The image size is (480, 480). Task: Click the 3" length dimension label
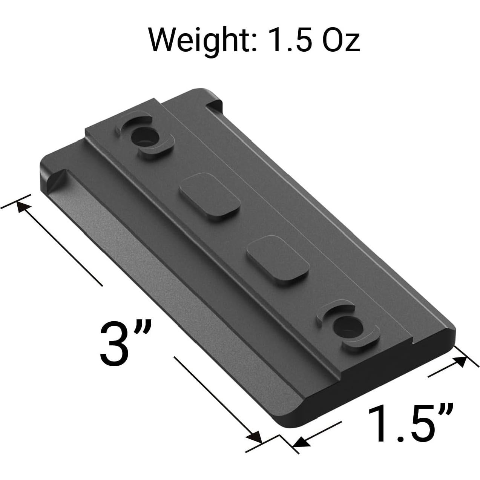click(x=125, y=344)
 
